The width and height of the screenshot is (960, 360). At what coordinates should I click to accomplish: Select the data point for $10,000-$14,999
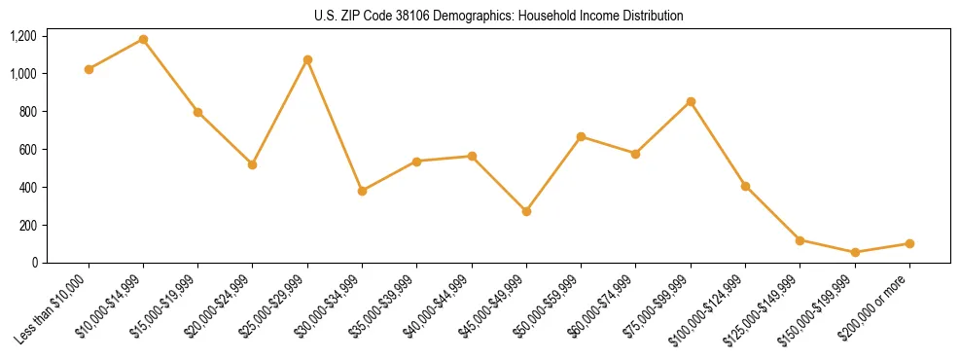point(144,40)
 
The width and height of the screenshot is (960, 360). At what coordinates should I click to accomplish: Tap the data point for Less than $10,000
point(89,69)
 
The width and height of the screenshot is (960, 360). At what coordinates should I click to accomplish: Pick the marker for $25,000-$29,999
point(307,59)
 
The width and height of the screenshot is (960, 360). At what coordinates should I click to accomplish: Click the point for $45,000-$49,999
point(526,211)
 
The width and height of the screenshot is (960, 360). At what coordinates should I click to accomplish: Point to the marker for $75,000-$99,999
point(691,101)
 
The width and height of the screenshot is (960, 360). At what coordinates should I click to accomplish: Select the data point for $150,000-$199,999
point(855,252)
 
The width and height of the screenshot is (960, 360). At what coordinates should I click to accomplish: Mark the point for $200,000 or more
point(909,243)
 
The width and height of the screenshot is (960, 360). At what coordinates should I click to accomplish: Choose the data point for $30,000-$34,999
point(362,191)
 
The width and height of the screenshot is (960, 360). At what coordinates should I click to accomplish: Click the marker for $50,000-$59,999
point(581,136)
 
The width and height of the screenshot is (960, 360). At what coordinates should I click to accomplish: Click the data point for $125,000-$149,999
point(800,240)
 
